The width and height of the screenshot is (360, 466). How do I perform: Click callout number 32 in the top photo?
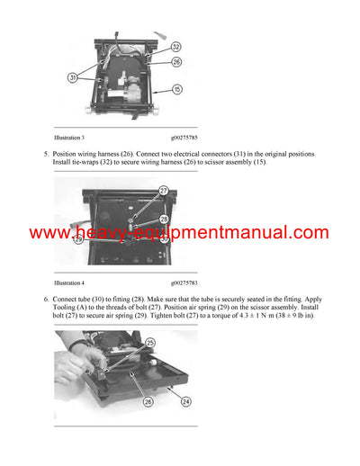click(x=175, y=46)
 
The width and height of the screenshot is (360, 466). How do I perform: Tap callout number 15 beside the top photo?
click(x=176, y=90)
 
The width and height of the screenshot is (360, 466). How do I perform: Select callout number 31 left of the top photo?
click(x=72, y=78)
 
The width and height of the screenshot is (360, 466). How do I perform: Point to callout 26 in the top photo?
click(x=175, y=62)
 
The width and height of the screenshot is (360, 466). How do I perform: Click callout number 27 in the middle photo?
click(x=163, y=191)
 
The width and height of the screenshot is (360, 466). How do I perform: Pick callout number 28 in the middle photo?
click(x=163, y=218)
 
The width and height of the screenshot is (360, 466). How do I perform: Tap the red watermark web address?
click(x=179, y=233)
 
